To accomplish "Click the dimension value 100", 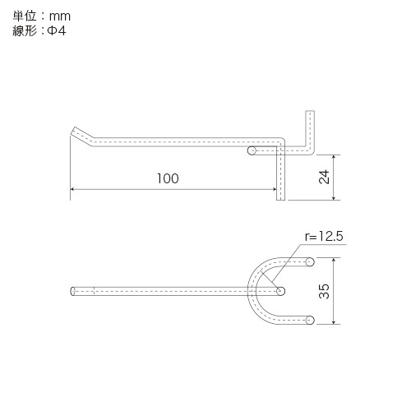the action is coord(168,178).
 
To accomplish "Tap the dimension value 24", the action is coord(324,177).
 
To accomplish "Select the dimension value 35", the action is coord(324,291).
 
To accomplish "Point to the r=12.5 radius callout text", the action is coord(324,236).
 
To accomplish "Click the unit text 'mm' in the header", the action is coord(60,16).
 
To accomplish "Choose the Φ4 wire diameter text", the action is coord(57,30).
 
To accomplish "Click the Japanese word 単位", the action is coord(25,16).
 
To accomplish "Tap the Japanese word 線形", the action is coord(25,30).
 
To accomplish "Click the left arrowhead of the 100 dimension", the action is coord(72,189).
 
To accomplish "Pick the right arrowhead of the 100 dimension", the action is coord(274,189).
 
